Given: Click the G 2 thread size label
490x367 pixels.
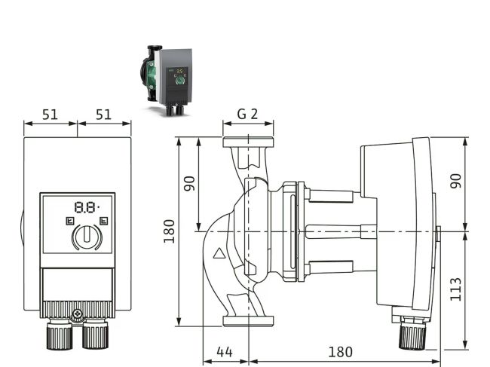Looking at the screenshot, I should tap(247, 115).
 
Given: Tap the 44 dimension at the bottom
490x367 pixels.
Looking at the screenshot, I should tap(223, 352).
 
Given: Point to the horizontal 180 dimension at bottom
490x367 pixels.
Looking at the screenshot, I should tap(341, 352).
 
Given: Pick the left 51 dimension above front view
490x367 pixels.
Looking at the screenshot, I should tap(50, 115).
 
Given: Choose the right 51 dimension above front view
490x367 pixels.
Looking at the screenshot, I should tap(104, 115).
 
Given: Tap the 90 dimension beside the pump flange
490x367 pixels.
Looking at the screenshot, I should tap(189, 183).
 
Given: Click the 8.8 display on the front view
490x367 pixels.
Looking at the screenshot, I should tap(86, 206).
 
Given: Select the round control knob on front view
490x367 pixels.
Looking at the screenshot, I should tap(87, 237).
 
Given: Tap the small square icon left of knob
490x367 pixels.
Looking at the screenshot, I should tap(69, 222).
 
